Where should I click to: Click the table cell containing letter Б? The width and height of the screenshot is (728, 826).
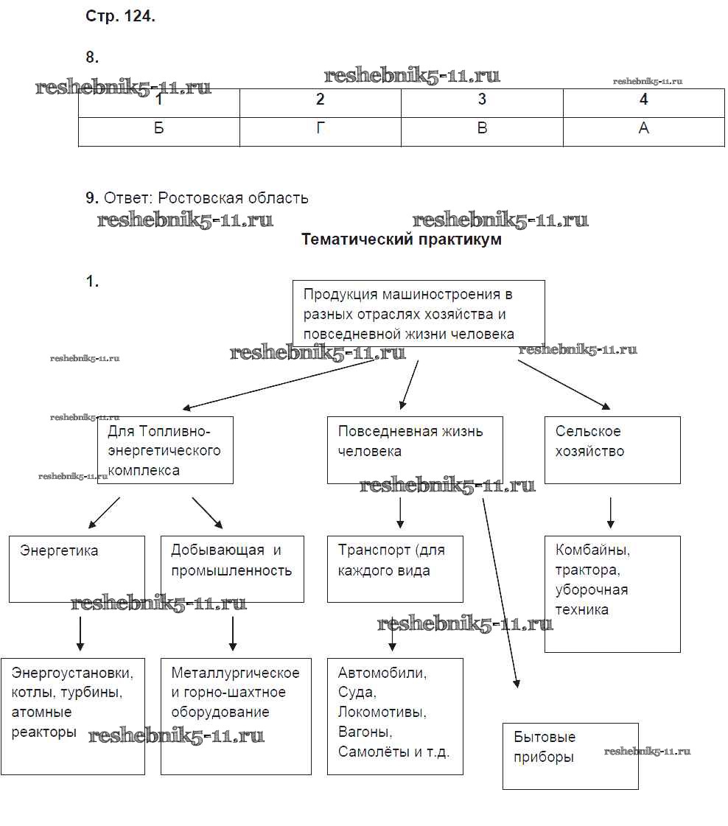click(x=159, y=128)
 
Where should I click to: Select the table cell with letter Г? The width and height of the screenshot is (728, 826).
click(x=320, y=128)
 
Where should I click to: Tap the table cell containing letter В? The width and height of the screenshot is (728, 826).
click(x=482, y=128)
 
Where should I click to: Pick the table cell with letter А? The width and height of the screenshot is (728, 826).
click(x=643, y=128)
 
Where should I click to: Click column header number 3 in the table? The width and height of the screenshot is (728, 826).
click(x=482, y=100)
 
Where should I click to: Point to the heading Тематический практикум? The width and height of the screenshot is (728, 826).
click(x=402, y=239)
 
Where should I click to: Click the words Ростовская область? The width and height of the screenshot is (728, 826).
click(x=234, y=198)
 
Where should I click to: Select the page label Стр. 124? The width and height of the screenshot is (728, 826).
click(x=120, y=17)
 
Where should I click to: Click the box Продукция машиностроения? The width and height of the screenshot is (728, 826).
click(x=419, y=313)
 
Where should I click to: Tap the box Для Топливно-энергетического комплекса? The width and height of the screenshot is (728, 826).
click(x=165, y=449)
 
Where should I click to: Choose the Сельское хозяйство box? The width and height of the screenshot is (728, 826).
click(x=612, y=449)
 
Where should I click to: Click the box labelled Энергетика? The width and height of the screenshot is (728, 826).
click(x=77, y=568)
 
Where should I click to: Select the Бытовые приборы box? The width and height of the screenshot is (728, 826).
click(x=570, y=755)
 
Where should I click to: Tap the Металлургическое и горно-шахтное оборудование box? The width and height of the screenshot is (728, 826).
click(x=236, y=715)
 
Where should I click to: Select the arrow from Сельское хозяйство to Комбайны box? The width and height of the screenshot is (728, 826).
click(x=611, y=513)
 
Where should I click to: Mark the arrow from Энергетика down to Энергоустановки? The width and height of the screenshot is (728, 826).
click(x=80, y=633)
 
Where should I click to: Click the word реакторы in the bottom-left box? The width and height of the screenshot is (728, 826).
click(x=44, y=732)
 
